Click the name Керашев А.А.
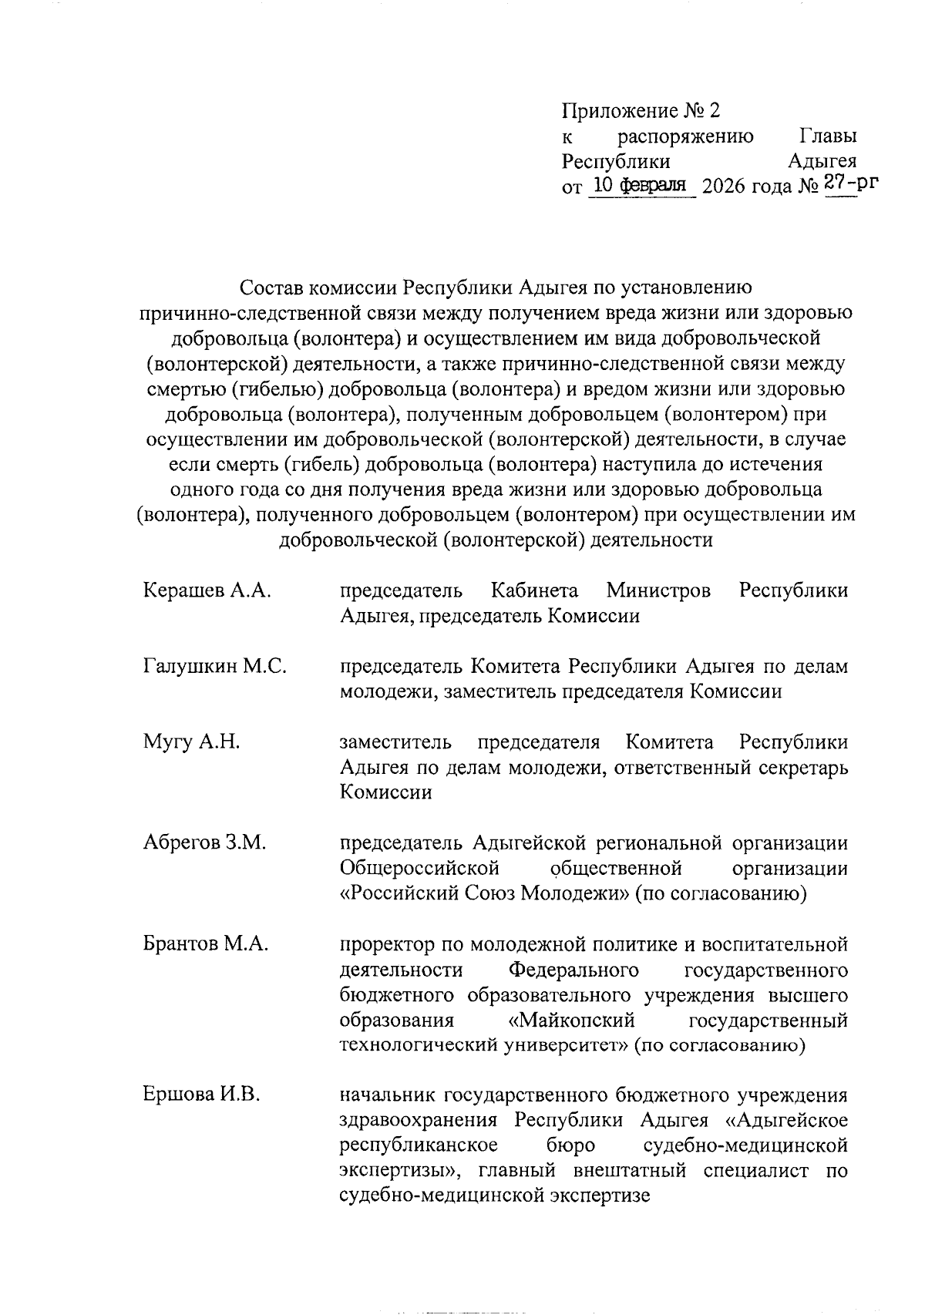tap(207, 590)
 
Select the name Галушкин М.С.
tap(215, 666)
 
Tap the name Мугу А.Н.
tap(191, 742)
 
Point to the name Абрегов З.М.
tap(205, 842)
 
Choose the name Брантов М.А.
tap(206, 943)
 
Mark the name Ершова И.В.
tap(201, 1095)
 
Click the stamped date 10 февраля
tap(640, 185)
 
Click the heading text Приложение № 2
tap(641, 111)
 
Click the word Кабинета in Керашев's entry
tap(534, 590)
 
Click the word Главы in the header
tap(829, 136)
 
